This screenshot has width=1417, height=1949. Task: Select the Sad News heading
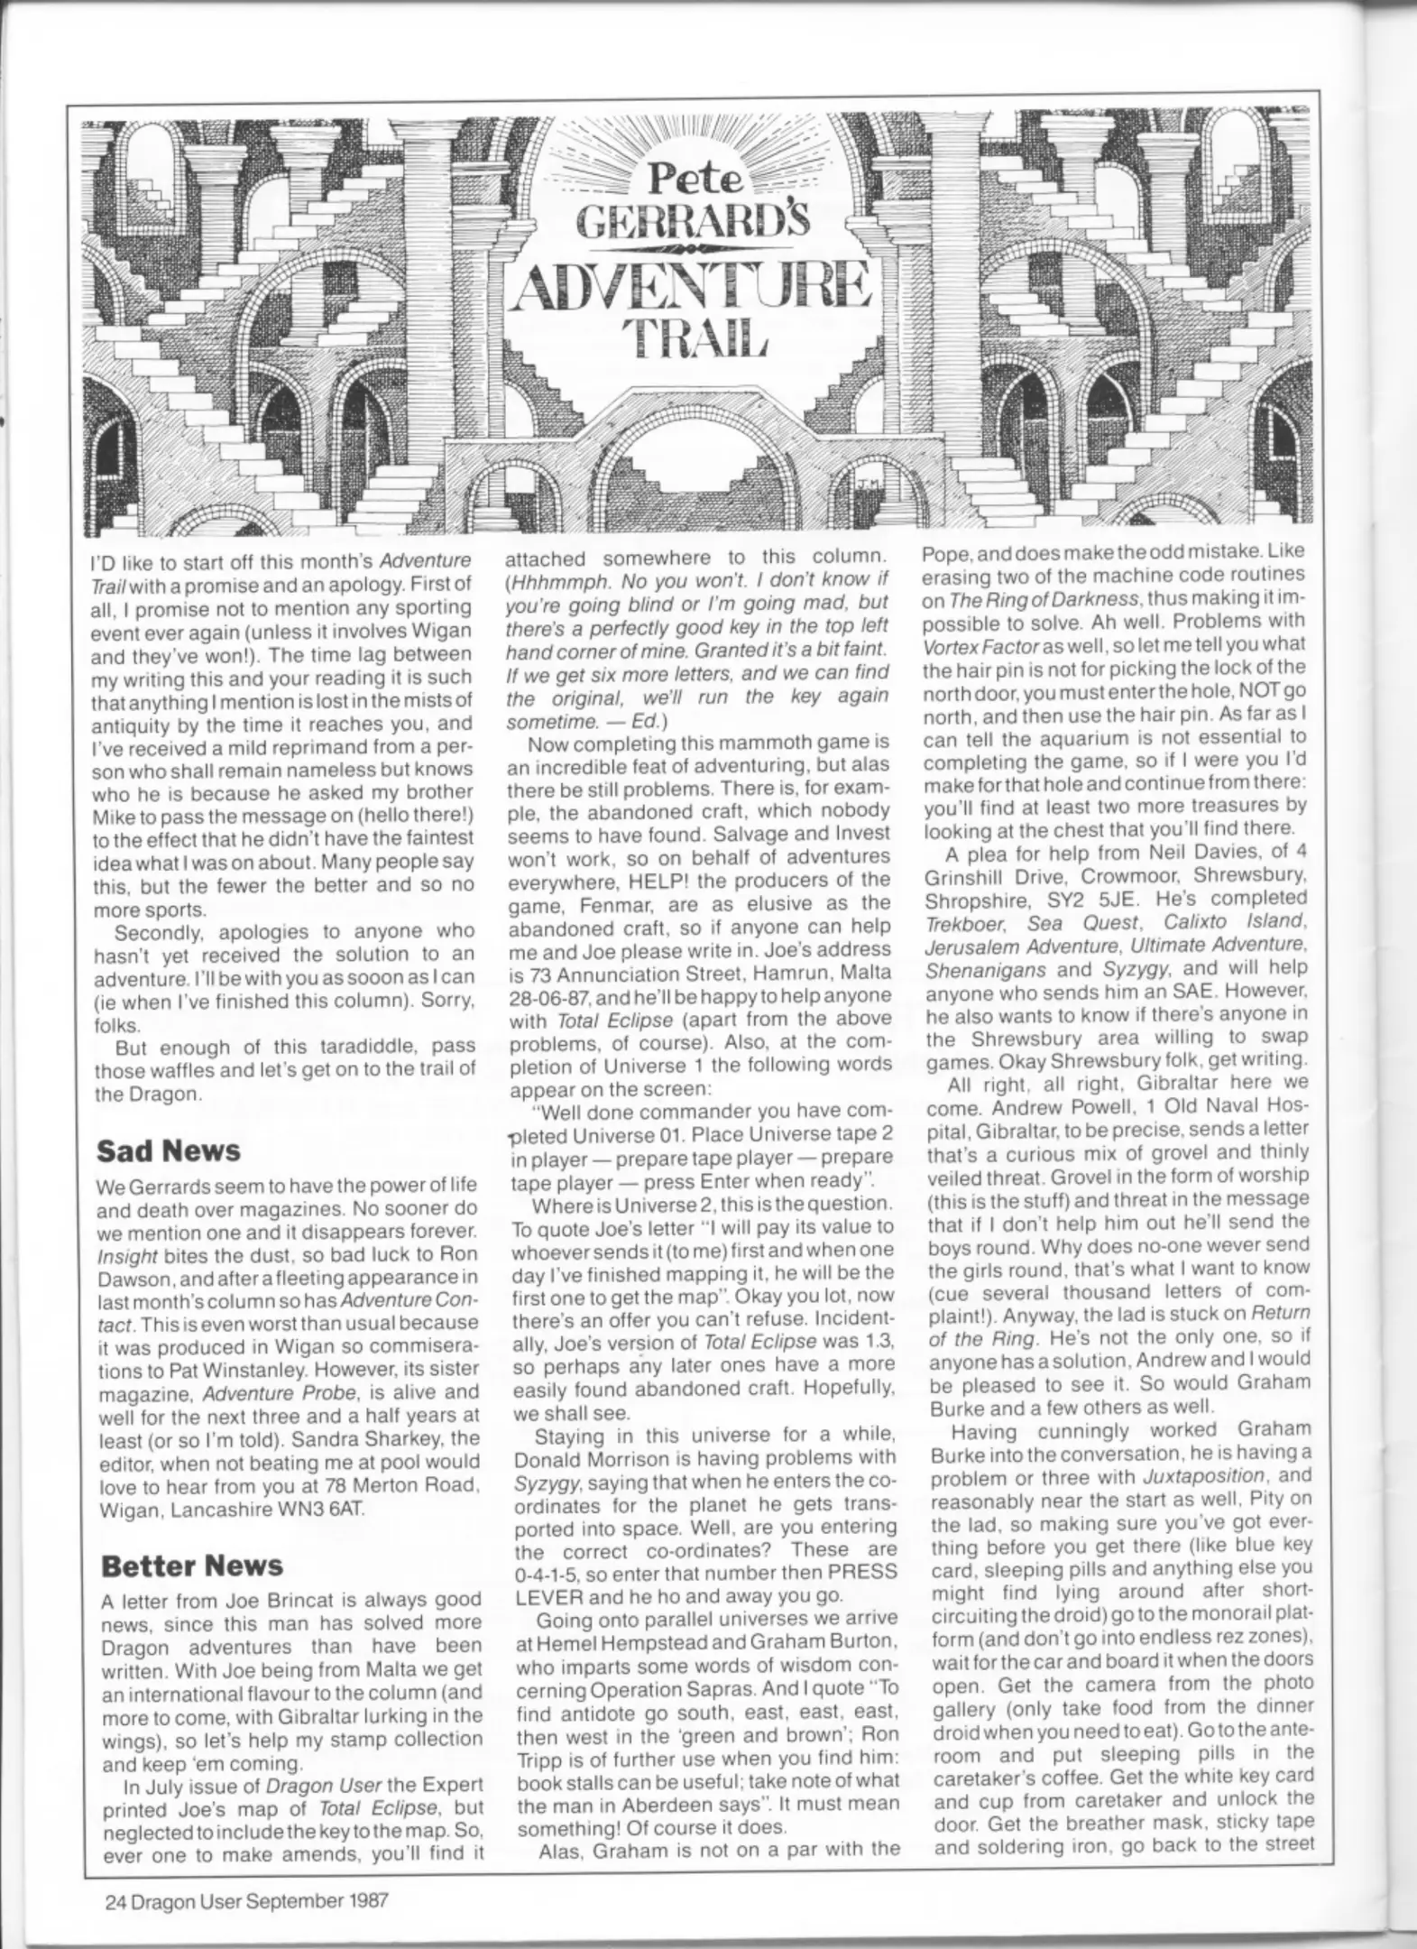point(169,1150)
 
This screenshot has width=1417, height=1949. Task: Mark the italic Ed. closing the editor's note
point(644,721)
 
